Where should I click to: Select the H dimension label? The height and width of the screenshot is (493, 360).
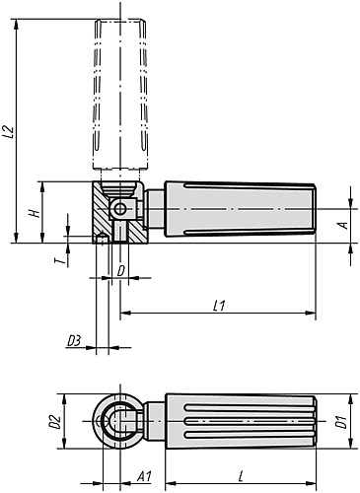click(x=34, y=212)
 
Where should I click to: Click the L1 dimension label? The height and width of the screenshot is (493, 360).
click(x=219, y=306)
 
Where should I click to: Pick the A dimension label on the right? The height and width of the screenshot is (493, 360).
click(x=342, y=225)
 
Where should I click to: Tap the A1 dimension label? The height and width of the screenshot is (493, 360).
click(x=143, y=476)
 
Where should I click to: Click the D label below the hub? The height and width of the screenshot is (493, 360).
click(x=120, y=269)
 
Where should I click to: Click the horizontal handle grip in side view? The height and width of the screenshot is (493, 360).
click(x=237, y=210)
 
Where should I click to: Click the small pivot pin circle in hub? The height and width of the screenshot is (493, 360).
click(x=120, y=209)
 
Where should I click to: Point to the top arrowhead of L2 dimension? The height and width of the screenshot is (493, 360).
click(x=17, y=25)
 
